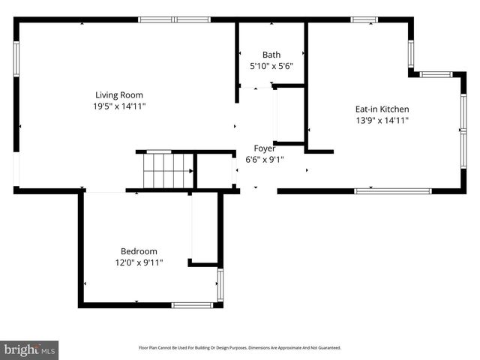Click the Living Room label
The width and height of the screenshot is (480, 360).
(x=118, y=94)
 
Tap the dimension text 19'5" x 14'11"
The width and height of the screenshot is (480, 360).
(x=118, y=106)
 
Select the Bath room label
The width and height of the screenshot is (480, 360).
(x=271, y=54)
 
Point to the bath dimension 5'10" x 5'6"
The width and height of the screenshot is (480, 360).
(x=271, y=66)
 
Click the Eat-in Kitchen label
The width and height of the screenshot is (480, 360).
(x=382, y=109)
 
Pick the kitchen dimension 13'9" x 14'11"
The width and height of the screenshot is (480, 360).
(x=382, y=120)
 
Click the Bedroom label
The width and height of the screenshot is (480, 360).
(x=139, y=251)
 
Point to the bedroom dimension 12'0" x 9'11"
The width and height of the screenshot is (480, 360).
(x=139, y=262)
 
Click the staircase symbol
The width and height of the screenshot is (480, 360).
(x=168, y=171)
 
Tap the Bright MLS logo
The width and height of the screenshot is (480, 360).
(x=30, y=349)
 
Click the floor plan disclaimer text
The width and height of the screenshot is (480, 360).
(x=240, y=348)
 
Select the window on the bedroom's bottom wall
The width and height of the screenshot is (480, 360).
(x=193, y=305)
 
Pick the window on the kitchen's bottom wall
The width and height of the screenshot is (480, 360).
(x=392, y=191)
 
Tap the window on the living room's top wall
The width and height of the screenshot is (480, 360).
(x=175, y=19)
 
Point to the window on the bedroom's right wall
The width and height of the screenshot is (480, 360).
(x=220, y=285)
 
